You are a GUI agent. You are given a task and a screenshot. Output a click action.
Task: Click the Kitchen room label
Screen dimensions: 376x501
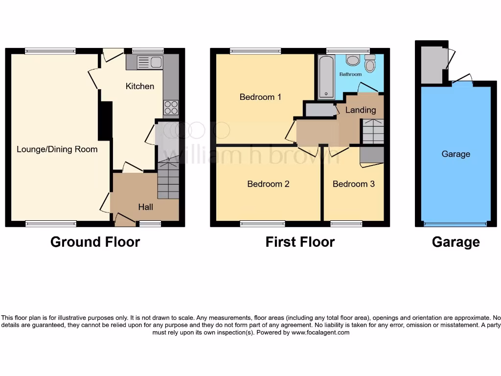pos(140,86)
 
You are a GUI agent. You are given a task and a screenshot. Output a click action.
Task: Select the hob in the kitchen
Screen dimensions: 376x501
pos(171,107)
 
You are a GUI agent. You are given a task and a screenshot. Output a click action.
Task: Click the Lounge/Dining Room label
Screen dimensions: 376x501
pos(57,149)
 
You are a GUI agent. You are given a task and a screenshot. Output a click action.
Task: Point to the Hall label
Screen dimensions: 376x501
pos(145,207)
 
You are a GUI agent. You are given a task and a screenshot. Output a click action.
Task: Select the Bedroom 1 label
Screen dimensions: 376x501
pos(260,97)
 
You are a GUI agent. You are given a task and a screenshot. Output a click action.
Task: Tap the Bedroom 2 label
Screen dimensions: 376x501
pos(268,184)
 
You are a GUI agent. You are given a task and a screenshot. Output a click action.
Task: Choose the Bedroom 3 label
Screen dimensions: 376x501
pos(354,184)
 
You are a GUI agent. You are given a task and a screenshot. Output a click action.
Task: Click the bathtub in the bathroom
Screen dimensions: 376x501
pos(325,77)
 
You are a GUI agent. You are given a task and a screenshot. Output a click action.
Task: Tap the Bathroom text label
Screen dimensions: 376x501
pos(351,74)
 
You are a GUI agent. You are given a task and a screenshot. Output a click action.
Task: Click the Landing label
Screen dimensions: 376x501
pos(361,110)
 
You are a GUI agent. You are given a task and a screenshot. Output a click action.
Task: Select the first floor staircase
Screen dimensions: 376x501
pos(373,132)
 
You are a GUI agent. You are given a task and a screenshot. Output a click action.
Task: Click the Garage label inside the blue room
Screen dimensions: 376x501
pos(455,154)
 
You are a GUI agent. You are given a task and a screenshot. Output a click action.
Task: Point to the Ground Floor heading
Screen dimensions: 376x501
pos(95,242)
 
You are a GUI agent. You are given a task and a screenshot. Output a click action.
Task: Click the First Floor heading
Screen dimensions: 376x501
pos(300,242)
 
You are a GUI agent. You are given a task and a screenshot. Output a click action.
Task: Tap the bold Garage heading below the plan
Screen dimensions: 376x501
pos(455,242)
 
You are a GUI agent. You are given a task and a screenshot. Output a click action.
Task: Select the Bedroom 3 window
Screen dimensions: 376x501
pos(346,224)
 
